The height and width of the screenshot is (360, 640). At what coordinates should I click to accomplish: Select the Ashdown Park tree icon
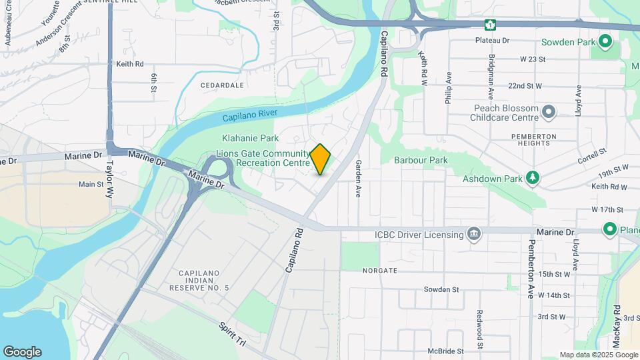pos(532,178)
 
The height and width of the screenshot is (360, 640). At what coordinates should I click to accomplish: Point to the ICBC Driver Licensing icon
pos(474,234)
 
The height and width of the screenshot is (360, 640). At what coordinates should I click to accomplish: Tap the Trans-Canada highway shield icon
pos(491,25)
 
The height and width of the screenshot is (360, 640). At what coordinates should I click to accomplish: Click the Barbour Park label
pos(421,160)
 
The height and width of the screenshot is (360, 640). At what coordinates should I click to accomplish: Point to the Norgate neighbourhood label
pos(380,271)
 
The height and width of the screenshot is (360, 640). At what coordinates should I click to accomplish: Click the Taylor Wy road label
pos(110,179)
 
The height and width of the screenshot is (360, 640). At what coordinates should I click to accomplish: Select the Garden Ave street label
pos(359,178)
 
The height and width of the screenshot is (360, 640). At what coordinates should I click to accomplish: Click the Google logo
pos(22,352)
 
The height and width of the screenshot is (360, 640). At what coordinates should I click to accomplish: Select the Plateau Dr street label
pos(492,41)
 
